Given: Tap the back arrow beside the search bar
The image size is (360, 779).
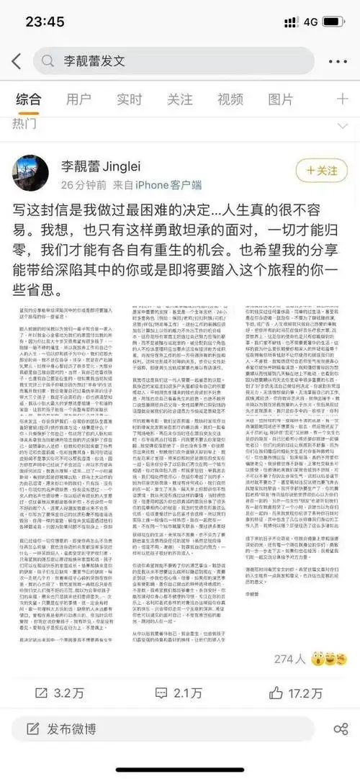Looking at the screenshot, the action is [x=16, y=61].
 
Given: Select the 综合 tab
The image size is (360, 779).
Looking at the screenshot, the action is [x=29, y=99].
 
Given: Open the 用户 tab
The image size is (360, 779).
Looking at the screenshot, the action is [x=78, y=99].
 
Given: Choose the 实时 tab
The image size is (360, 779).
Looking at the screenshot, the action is [x=130, y=99].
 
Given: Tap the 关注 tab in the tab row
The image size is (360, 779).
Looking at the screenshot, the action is [x=180, y=99].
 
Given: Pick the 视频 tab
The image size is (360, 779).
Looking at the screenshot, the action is [x=230, y=99].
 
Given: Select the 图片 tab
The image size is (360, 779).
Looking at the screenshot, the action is [x=281, y=99].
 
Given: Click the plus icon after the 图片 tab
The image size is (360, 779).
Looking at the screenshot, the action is [x=341, y=99].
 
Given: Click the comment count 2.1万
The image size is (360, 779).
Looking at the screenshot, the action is [x=179, y=693].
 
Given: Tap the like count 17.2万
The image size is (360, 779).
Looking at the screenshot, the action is [x=297, y=693].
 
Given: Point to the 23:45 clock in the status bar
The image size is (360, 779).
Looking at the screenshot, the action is [x=45, y=21].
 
